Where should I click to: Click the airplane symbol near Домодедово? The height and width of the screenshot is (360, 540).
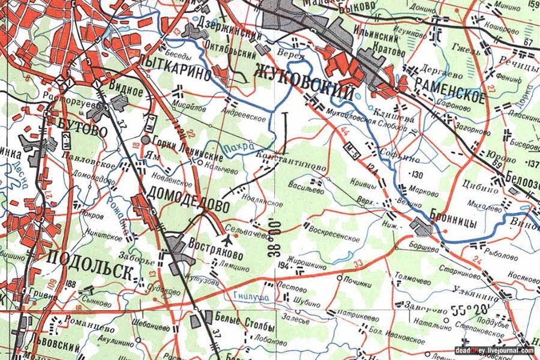click(227, 240)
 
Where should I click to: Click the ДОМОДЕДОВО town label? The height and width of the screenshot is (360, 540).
click(187, 198)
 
